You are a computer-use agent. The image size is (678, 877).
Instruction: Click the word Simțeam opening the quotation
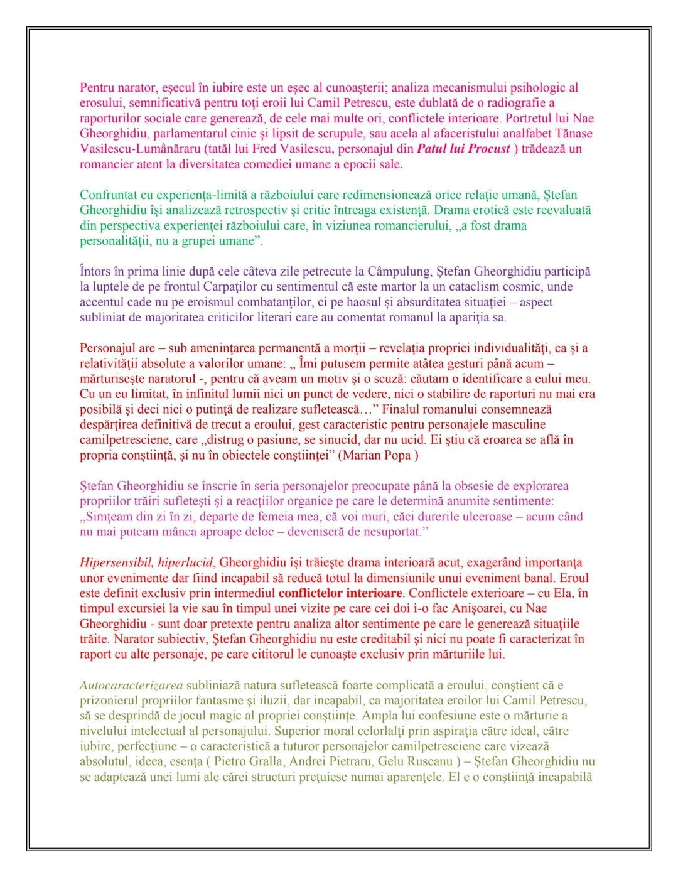click(x=107, y=517)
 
